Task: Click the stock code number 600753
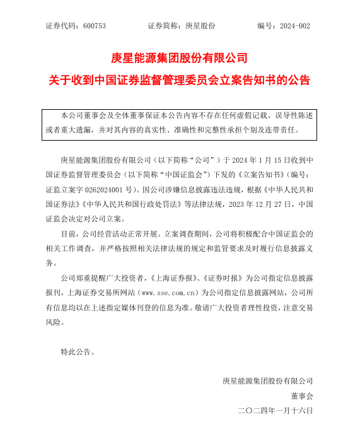93,26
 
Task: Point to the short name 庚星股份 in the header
200,26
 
